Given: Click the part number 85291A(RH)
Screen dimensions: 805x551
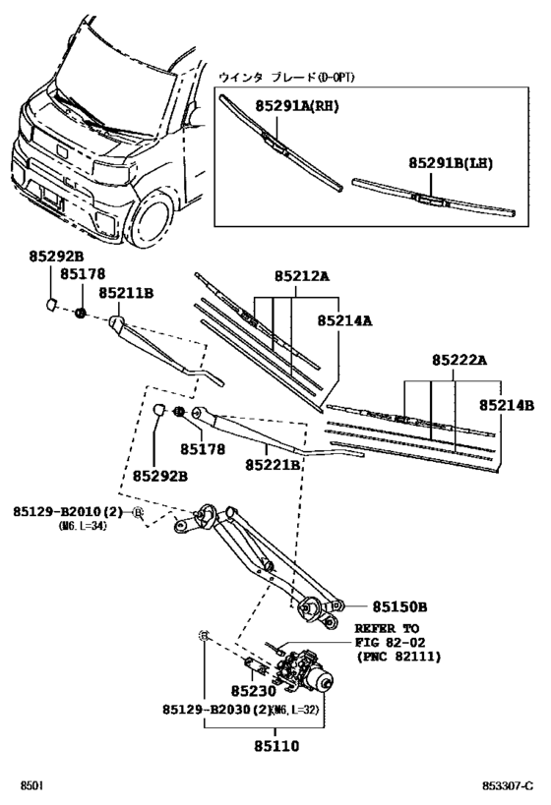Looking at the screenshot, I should click(x=295, y=106).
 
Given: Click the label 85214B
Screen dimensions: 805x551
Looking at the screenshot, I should click(x=507, y=404).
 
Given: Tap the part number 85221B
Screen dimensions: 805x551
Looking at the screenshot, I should click(x=273, y=463).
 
